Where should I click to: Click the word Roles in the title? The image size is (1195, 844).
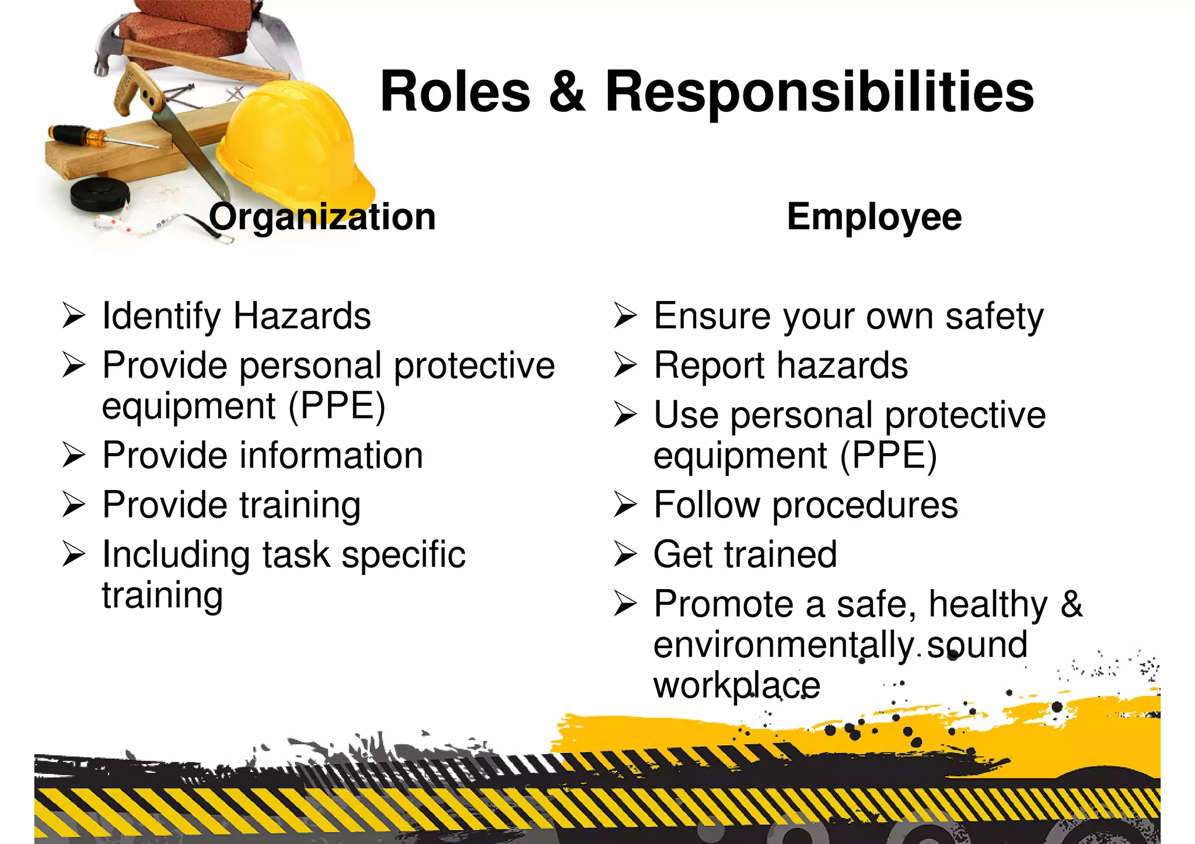pyautogui.click(x=455, y=92)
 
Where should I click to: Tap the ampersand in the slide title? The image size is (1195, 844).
pyautogui.click(x=567, y=92)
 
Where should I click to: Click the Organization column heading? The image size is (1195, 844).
pyautogui.click(x=322, y=217)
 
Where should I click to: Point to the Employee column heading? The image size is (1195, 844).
pyautogui.click(x=874, y=217)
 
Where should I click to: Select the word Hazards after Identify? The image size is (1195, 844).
pyautogui.click(x=302, y=316)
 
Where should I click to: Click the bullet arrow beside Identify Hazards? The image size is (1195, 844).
pyautogui.click(x=74, y=316)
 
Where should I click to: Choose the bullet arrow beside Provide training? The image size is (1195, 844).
pyautogui.click(x=74, y=505)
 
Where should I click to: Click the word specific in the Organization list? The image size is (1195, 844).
pyautogui.click(x=403, y=555)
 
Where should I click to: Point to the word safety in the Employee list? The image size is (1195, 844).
pyautogui.click(x=994, y=317)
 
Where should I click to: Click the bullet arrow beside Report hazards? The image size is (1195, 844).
pyautogui.click(x=626, y=366)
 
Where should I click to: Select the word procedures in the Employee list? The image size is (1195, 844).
pyautogui.click(x=865, y=505)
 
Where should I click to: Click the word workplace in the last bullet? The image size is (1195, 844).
pyautogui.click(x=736, y=686)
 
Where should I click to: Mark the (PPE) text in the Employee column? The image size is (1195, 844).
pyautogui.click(x=888, y=456)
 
